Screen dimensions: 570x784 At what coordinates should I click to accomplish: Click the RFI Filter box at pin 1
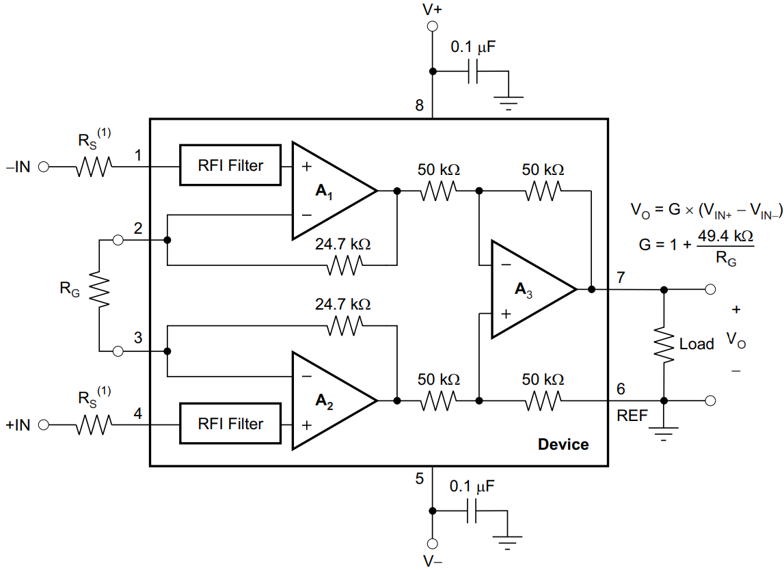click(x=230, y=165)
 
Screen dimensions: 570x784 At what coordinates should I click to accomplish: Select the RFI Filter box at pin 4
click(x=230, y=424)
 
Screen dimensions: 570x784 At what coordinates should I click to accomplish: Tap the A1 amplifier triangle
click(x=328, y=191)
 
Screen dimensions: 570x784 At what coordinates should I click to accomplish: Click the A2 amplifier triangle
click(x=328, y=401)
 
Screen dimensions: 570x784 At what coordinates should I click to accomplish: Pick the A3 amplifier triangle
click(x=526, y=289)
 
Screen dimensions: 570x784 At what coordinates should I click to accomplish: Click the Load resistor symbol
click(x=664, y=344)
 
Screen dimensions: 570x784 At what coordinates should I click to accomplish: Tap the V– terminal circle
click(x=432, y=544)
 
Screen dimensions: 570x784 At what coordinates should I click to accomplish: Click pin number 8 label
click(x=419, y=106)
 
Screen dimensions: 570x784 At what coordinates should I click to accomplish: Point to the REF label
click(x=632, y=416)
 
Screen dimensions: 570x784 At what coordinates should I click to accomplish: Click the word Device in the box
click(x=563, y=444)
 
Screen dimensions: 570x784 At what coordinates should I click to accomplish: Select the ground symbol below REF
click(x=664, y=433)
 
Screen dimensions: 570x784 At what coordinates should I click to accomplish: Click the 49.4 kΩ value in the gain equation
click(x=725, y=236)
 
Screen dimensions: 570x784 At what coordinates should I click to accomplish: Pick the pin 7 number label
click(x=620, y=277)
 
